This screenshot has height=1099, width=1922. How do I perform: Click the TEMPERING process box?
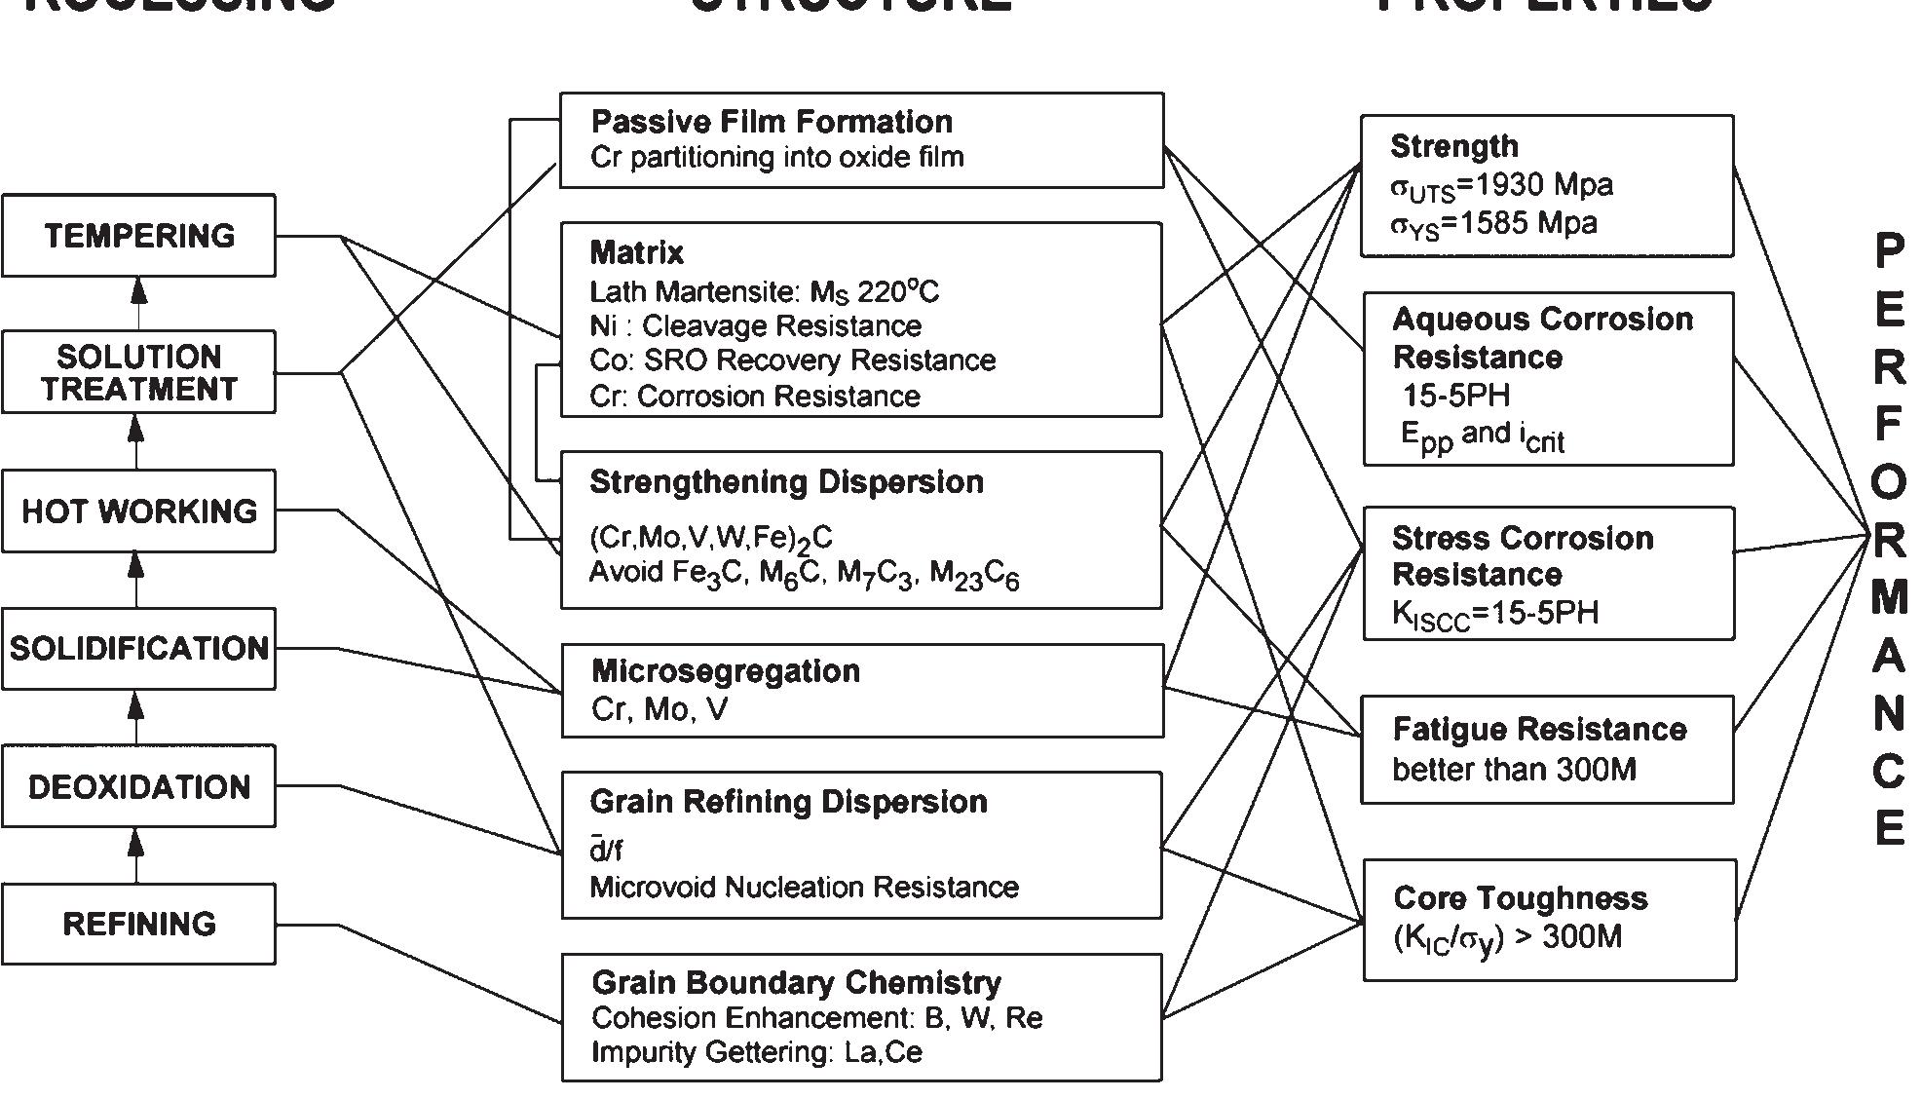click(x=138, y=236)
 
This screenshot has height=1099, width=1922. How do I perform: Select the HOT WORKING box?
click(x=138, y=512)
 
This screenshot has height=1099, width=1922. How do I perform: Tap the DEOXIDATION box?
click(x=138, y=786)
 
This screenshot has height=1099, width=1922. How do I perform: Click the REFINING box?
click(x=138, y=924)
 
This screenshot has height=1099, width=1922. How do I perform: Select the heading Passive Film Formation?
click(x=772, y=122)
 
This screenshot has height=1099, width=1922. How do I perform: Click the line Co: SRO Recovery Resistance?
click(x=792, y=360)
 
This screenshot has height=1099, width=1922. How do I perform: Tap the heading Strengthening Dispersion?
click(x=786, y=482)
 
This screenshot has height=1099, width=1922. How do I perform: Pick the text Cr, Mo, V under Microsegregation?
click(x=659, y=709)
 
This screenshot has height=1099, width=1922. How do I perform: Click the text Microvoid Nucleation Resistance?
click(x=804, y=888)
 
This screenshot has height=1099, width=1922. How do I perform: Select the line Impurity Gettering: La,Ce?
click(x=756, y=1052)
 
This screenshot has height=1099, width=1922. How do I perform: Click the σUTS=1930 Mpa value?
click(x=1500, y=186)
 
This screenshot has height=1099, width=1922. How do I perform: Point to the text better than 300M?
click(x=1514, y=770)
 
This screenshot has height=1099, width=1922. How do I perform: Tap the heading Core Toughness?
click(x=1520, y=898)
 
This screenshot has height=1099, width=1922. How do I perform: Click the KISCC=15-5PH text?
click(x=1494, y=614)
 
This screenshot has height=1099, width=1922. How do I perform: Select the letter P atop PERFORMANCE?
click(x=1888, y=251)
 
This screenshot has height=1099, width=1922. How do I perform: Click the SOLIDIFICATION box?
click(x=138, y=649)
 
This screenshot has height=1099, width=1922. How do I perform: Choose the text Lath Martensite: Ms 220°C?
click(x=764, y=292)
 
